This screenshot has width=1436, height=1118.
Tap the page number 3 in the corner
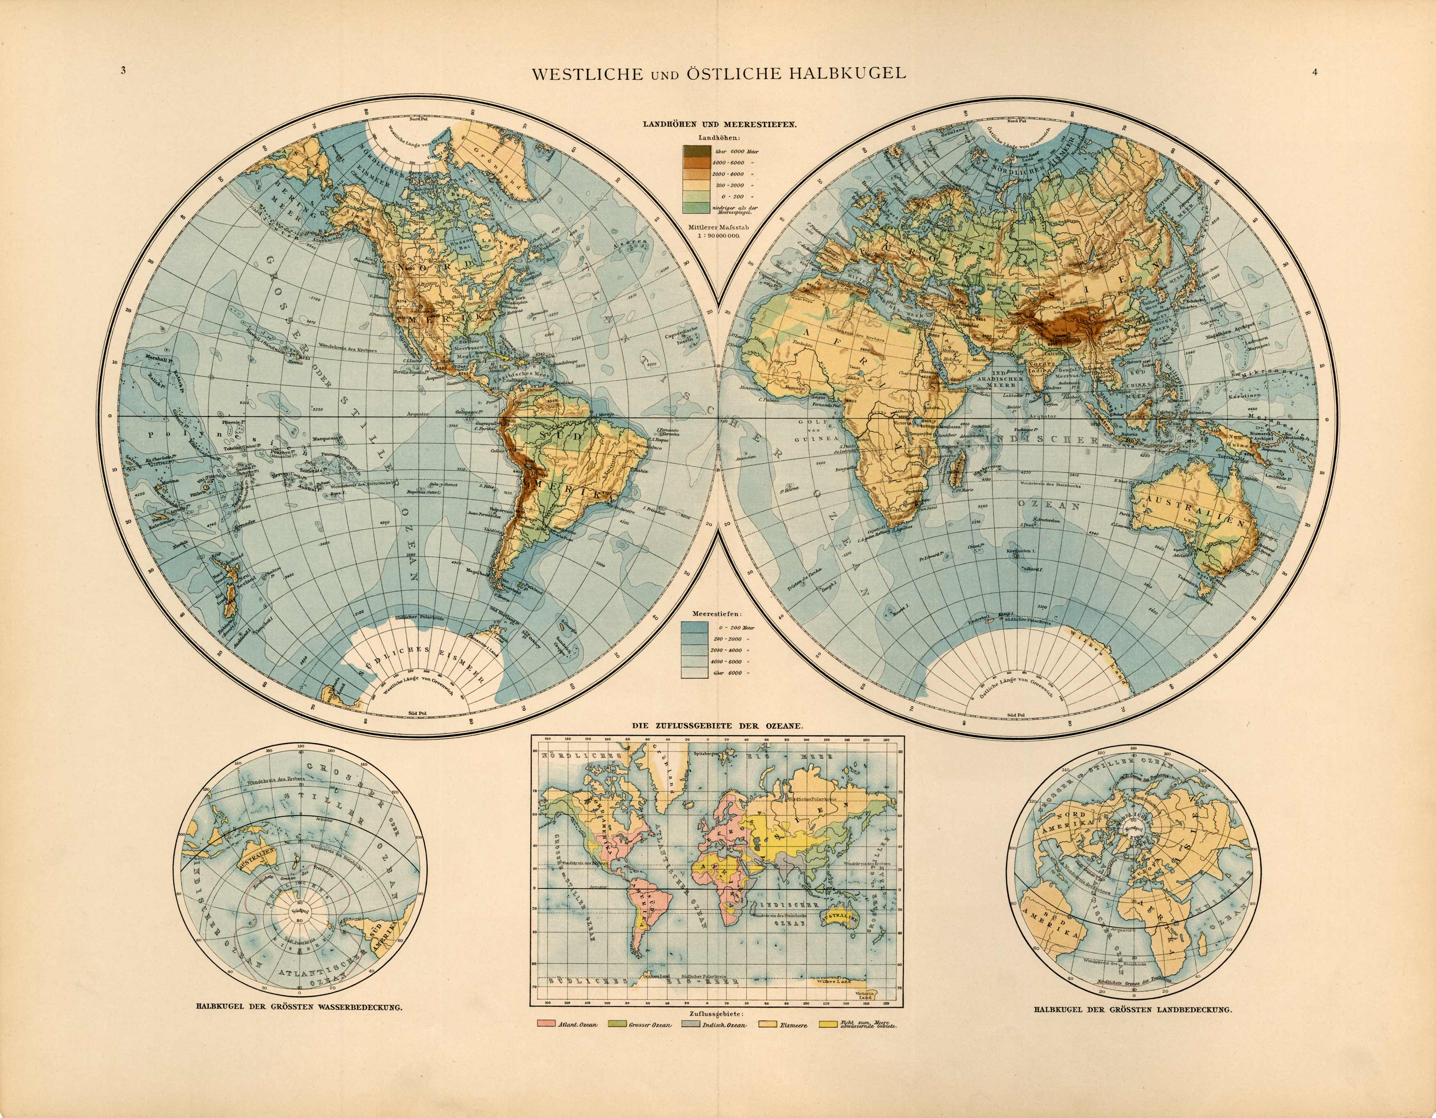123,72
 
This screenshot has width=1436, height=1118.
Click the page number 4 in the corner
1315,72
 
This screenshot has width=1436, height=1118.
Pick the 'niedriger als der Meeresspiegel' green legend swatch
696,208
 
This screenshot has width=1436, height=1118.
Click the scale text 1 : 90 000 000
719,235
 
